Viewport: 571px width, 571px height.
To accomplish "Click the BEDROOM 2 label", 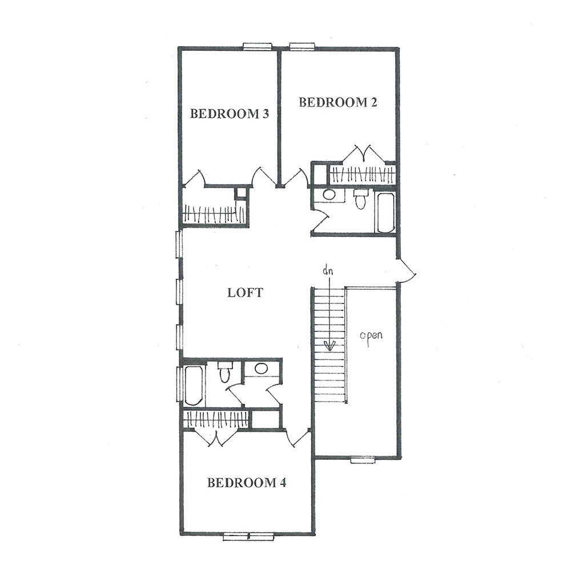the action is point(337,102).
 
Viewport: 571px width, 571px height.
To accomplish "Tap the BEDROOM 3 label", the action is point(230,114).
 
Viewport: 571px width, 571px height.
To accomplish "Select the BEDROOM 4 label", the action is point(247,483).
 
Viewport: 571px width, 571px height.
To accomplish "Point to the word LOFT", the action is point(244,293).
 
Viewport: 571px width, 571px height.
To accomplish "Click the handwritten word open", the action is point(371,335).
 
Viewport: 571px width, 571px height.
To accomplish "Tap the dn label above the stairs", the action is point(328,271).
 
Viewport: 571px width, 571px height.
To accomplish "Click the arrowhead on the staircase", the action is point(329,346).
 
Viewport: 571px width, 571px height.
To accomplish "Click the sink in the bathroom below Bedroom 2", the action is point(329,195).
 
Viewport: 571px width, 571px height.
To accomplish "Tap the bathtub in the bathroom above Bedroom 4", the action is point(193,386).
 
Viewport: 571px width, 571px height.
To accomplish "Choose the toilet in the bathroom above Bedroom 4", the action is point(223,372).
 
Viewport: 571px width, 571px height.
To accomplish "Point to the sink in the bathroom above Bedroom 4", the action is point(261,368).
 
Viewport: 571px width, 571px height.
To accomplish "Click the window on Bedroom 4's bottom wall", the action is point(248,536).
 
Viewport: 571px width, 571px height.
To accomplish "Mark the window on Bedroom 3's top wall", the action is point(257,46).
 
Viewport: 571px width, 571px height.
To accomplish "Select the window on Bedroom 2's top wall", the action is point(302,46).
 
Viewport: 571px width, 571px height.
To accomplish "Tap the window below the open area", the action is point(363,460).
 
